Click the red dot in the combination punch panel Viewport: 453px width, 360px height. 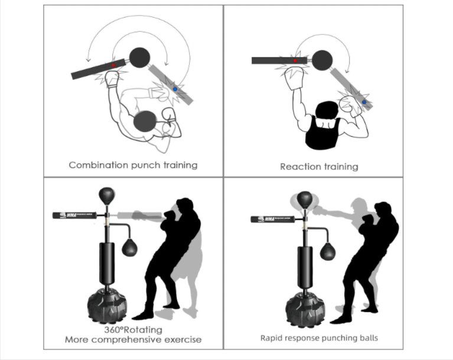113,65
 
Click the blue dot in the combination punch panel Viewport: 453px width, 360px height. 175,89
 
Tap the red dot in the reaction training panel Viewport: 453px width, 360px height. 295,60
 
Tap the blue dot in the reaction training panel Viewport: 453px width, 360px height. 364,102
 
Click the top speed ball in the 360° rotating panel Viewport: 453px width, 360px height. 106,195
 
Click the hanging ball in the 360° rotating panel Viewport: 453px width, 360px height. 129,248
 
